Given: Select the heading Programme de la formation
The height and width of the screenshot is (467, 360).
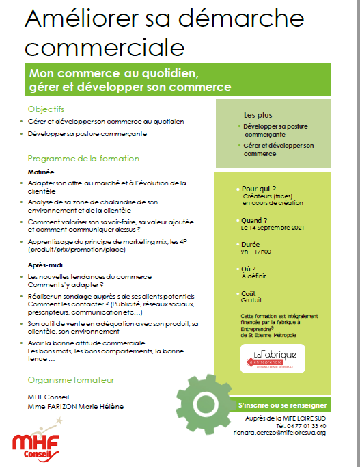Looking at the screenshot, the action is point(83,159).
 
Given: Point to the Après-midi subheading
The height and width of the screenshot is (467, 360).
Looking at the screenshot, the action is point(46,264).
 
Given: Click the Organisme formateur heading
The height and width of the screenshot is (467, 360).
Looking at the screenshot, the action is point(71,380).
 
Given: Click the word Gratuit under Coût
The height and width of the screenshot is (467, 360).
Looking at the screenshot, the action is point(252,300).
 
